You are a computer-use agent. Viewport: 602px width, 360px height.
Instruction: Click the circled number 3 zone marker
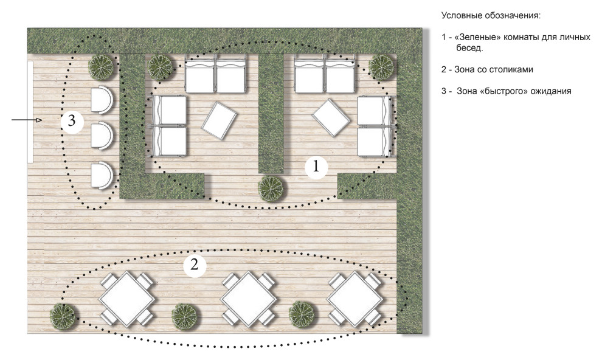coord(72,121)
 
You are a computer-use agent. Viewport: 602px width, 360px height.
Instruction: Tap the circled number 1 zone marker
coord(316,167)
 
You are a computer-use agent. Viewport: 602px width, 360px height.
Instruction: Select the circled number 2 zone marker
coord(194,265)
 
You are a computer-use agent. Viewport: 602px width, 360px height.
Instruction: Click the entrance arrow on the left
coord(27,120)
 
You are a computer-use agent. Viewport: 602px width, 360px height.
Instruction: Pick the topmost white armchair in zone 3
coord(102,99)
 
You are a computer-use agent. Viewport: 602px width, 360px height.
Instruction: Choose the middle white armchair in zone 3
coord(102,135)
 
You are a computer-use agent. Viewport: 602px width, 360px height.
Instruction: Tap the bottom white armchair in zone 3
coord(102,175)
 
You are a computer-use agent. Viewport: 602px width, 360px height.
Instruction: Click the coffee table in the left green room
coord(220,120)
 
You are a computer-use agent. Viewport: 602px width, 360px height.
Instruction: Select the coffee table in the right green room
coord(331,117)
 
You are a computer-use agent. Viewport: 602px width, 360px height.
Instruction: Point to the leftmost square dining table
coord(127,299)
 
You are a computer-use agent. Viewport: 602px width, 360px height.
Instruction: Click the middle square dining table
coord(249,299)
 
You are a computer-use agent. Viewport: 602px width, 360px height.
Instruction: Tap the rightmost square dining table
coord(355,299)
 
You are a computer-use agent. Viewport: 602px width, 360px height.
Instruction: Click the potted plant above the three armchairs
coord(101,67)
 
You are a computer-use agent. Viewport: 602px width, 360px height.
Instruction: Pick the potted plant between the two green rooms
coord(271,189)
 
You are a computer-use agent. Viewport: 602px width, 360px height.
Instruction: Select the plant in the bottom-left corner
coord(63,316)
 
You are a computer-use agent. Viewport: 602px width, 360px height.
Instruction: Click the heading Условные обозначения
coord(491,16)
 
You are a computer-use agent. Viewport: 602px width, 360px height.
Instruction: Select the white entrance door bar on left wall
coord(30,111)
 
